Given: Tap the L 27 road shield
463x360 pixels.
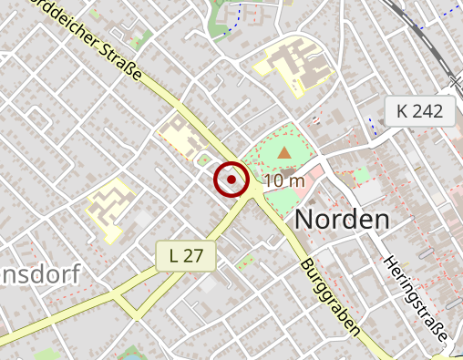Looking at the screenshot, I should tap(186, 256).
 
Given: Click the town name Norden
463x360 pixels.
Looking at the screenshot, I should tap(342, 219).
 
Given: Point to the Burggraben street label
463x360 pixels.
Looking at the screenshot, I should tap(329, 297).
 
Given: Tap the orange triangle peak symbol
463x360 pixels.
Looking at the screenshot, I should tap(285, 153).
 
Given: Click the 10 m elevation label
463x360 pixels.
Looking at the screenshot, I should tap(284, 180).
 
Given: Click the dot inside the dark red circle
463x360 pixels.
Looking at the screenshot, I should tap(231, 180).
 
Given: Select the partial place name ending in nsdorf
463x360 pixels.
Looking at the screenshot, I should tap(40, 273).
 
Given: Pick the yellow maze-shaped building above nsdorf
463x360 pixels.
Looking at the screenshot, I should tap(109, 207).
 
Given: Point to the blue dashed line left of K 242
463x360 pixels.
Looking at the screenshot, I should tap(371, 125).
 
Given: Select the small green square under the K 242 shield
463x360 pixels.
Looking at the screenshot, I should tap(362, 174).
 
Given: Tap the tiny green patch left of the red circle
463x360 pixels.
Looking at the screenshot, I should tap(203, 160).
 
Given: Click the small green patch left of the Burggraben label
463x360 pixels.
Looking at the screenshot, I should tap(244, 262).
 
